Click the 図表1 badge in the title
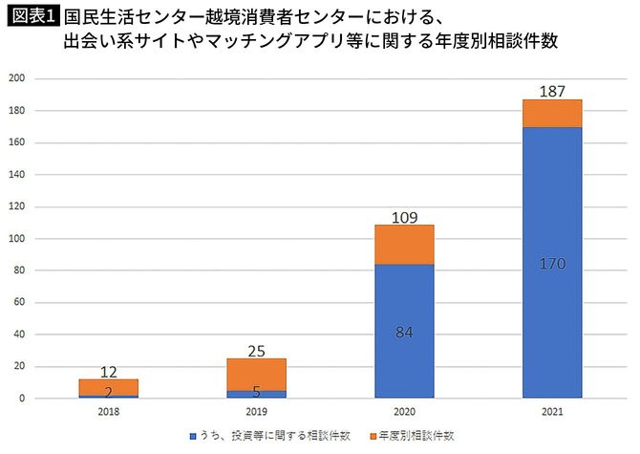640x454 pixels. point(32,16)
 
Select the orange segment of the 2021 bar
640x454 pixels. point(551,113)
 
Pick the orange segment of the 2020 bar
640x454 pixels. point(404,245)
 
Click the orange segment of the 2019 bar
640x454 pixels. point(256,374)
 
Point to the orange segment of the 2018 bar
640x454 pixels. point(108,386)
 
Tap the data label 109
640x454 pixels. point(404,216)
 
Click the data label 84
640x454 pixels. point(404,332)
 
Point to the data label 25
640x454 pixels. point(256,350)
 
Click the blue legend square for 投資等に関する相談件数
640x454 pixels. point(192,436)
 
